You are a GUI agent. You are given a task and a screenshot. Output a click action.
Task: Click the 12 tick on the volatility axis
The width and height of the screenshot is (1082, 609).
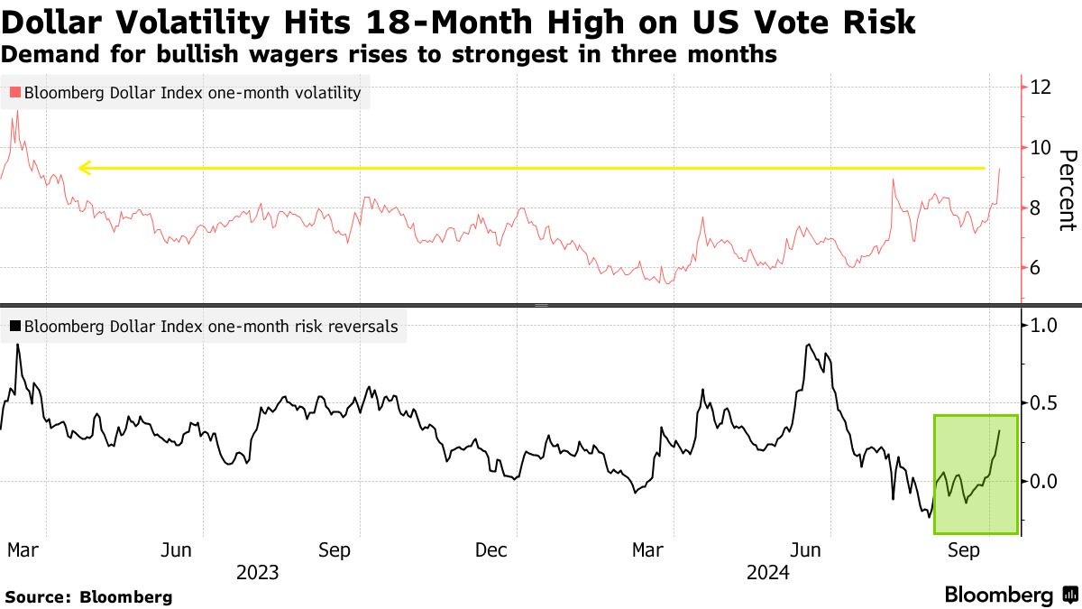click(x=1041, y=88)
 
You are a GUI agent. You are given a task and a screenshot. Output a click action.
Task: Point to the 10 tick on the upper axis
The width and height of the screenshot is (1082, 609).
click(x=1041, y=147)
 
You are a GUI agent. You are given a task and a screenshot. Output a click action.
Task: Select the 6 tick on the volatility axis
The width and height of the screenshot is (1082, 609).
click(x=1036, y=268)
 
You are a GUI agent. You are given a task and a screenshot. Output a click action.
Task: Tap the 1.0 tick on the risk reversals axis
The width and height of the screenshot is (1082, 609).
click(x=1042, y=325)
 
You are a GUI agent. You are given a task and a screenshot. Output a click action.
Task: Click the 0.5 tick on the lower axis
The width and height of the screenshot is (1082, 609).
click(x=1042, y=402)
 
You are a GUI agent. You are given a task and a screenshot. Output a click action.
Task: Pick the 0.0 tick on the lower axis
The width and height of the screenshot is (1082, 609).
click(x=1042, y=481)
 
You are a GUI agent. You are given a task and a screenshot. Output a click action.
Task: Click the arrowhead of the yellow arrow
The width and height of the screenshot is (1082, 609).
click(x=84, y=168)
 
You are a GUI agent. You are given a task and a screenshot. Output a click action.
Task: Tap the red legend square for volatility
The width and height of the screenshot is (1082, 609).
click(x=14, y=93)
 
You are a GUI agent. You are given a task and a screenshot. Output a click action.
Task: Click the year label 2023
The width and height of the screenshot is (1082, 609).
click(x=257, y=573)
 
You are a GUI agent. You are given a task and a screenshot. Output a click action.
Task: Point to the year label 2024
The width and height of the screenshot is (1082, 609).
click(x=767, y=573)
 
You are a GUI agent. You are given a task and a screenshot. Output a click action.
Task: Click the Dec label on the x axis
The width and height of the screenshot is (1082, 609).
click(x=492, y=550)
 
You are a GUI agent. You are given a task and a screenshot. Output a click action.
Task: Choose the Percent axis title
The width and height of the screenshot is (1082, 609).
click(x=1067, y=189)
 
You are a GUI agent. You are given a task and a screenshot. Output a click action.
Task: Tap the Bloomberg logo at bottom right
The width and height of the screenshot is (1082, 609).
click(x=1011, y=595)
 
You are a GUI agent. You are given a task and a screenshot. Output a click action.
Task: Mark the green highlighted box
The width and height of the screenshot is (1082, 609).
click(x=976, y=474)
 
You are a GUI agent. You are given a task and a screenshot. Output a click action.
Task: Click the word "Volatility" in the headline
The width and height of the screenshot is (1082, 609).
click(x=179, y=22)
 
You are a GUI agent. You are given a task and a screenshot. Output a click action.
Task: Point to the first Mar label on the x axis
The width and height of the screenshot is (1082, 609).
click(x=22, y=550)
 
